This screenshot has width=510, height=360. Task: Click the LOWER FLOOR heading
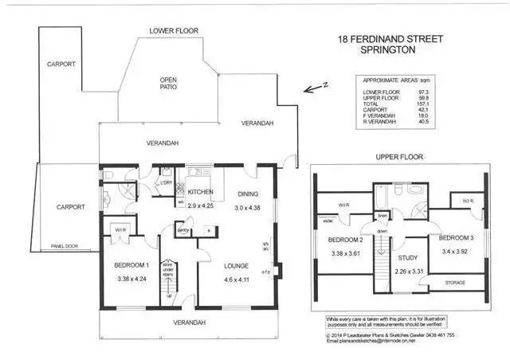click(x=173, y=31)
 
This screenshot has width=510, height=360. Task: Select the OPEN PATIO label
click(x=168, y=85)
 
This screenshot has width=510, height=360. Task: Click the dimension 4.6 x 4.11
click(x=238, y=280)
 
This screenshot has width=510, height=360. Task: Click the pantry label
click(x=182, y=230)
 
